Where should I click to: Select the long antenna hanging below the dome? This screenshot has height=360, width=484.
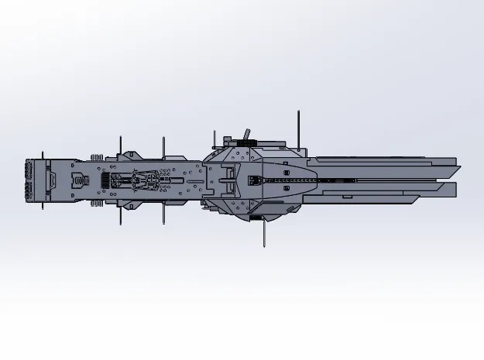[265, 232]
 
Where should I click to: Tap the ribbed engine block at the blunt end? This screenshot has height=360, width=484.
[31, 181]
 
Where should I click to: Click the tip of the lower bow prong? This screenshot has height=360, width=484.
[455, 190]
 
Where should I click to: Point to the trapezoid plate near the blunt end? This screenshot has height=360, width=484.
[51, 181]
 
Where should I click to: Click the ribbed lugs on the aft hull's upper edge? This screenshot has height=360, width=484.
[101, 156]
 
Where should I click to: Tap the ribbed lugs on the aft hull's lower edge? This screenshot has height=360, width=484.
[99, 205]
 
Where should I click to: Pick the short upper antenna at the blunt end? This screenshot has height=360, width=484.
[120, 144]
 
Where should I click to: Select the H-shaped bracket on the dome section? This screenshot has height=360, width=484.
[227, 180]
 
